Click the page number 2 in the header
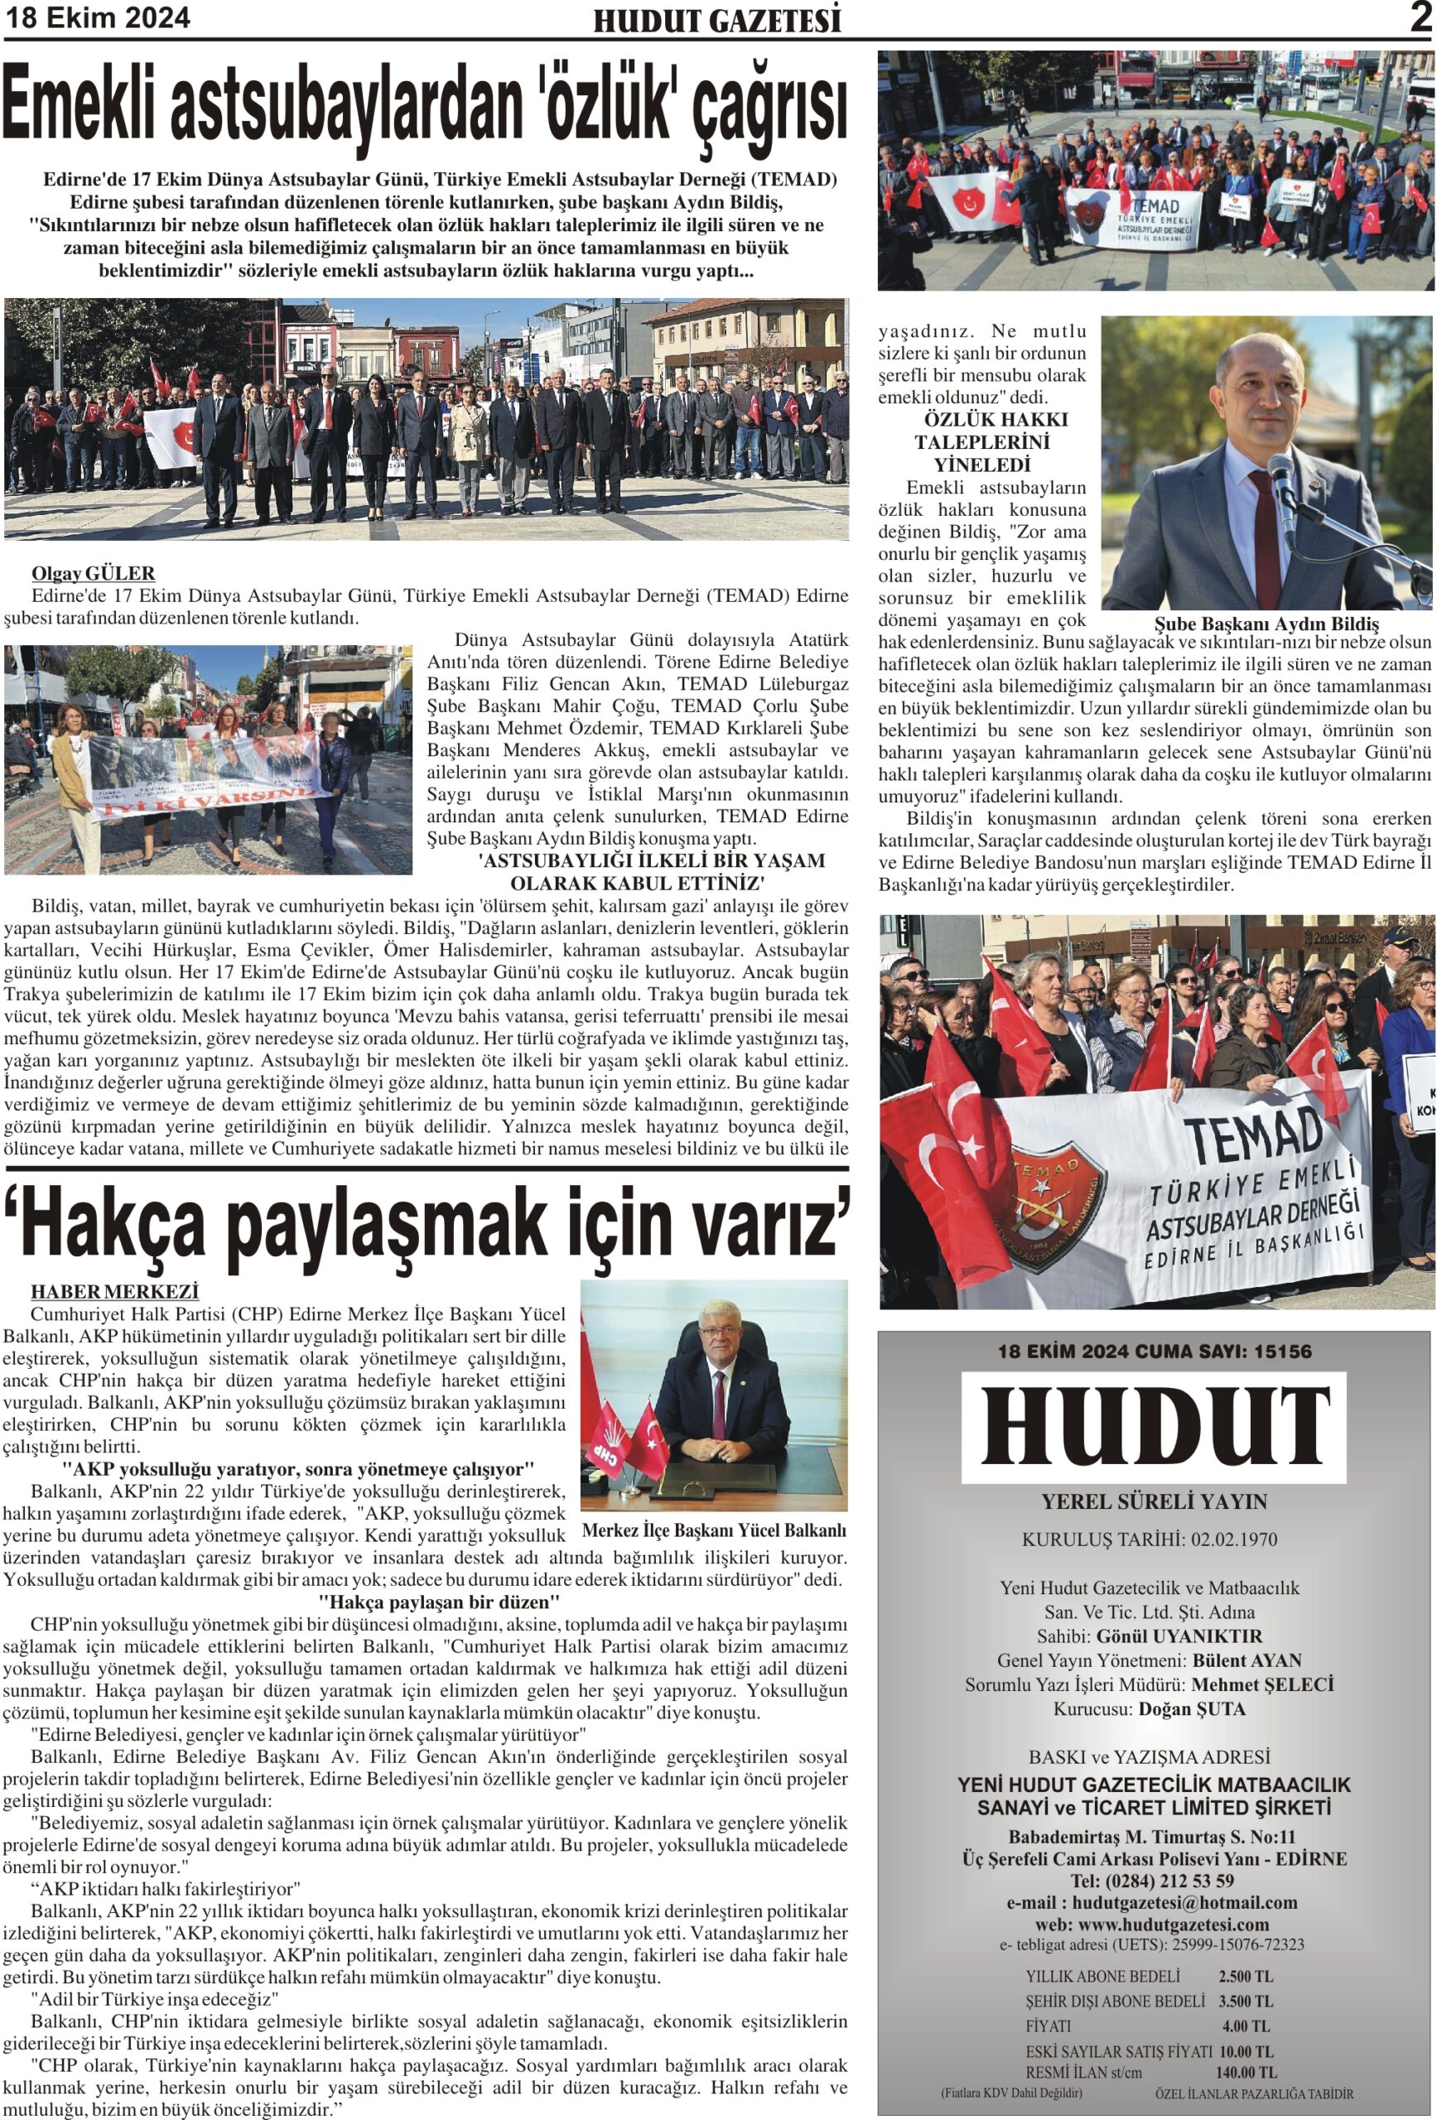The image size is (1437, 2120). click(1420, 18)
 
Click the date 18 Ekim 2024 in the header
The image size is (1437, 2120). click(99, 18)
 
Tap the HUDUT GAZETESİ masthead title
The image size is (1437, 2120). click(717, 21)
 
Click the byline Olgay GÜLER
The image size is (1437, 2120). click(93, 573)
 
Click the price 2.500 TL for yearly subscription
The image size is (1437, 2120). click(1246, 1977)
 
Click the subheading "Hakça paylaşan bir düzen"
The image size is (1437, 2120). click(439, 1602)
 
